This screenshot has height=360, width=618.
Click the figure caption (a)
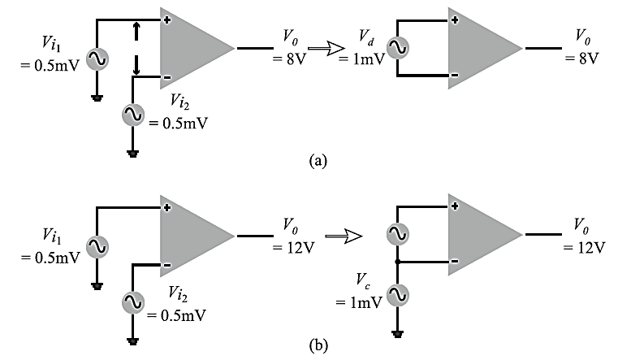point(318,161)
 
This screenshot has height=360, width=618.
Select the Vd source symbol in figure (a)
point(399,48)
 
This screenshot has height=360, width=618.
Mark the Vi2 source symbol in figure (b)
point(133,301)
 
